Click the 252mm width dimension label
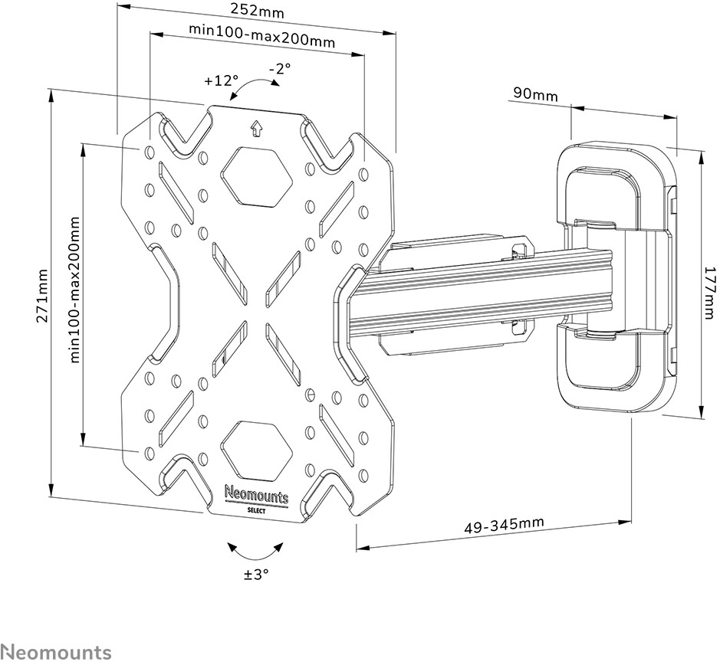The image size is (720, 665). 258,11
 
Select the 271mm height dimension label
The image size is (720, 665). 43,296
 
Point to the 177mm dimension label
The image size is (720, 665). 707,293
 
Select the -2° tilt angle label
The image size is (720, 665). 280,68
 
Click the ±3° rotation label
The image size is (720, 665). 256,574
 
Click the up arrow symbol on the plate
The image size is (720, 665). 256,128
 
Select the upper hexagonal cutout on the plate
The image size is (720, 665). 257,175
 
